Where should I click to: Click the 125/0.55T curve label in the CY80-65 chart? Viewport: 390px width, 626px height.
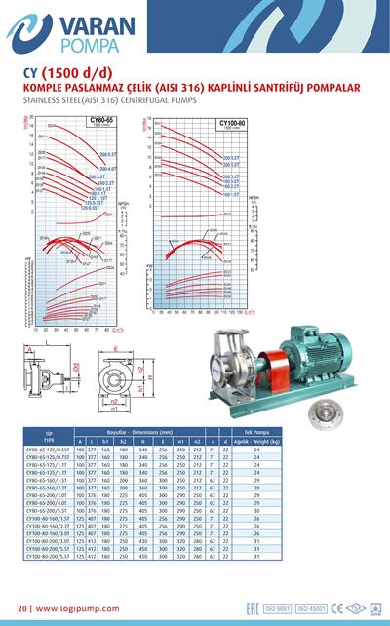click(90, 209)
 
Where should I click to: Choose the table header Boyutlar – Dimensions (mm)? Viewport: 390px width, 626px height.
click(147, 431)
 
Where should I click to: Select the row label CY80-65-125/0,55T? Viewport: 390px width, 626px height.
click(49, 450)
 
